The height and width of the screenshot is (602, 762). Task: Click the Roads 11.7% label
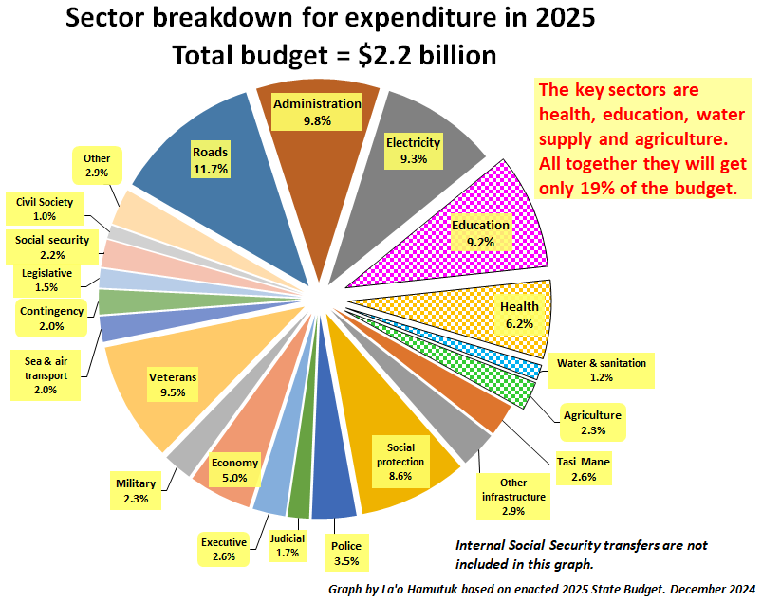211,160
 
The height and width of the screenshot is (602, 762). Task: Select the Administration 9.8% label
317,112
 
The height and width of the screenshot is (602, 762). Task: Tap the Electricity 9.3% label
413,151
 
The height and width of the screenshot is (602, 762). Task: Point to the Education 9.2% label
480,233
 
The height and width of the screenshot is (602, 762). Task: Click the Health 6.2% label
519,315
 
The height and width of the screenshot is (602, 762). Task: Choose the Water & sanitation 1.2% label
601,370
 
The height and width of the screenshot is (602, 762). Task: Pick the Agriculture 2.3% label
591,423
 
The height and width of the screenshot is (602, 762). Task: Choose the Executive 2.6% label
223,550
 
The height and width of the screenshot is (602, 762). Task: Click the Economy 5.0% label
234,470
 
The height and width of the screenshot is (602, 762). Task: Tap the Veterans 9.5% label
173,385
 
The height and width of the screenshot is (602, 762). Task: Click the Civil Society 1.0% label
50,209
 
